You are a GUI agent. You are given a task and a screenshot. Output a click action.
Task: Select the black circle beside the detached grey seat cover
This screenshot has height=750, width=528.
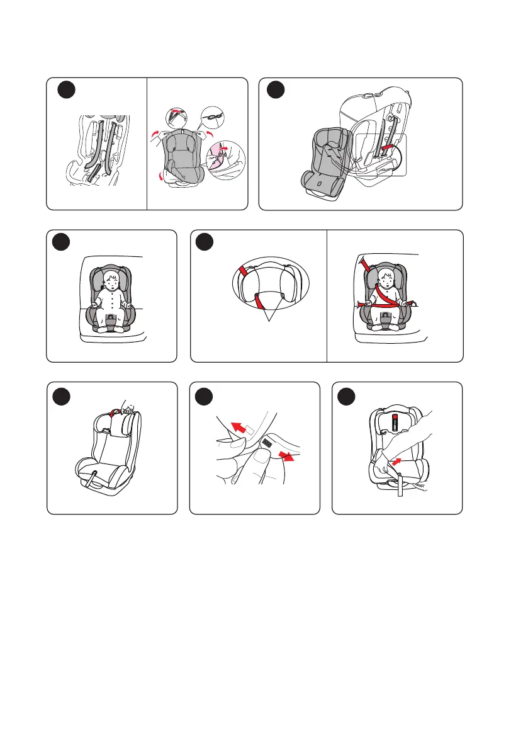click(x=275, y=91)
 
